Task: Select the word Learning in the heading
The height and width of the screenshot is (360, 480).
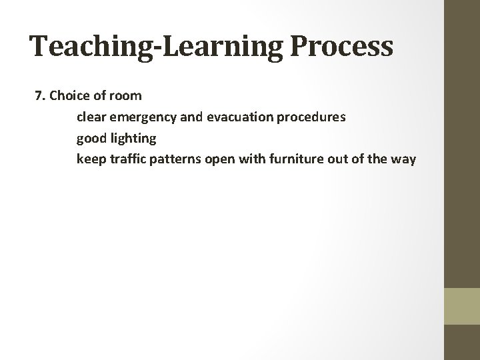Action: point(213,47)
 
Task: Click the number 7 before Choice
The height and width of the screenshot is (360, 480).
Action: point(38,95)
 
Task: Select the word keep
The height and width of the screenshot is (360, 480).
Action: point(91,159)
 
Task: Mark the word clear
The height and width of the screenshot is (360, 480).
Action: point(91,117)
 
